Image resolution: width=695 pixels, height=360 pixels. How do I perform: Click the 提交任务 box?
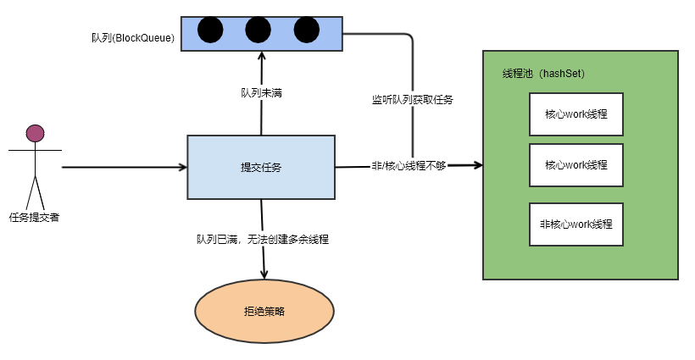tap(261, 167)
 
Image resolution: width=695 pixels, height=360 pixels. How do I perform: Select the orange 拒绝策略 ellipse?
tap(264, 312)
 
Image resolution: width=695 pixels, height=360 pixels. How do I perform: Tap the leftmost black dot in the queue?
tap(210, 30)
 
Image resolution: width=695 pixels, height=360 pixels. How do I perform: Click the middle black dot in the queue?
tap(258, 30)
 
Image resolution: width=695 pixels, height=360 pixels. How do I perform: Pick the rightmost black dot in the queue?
tap(306, 30)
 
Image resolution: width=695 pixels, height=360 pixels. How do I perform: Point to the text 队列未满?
tap(261, 92)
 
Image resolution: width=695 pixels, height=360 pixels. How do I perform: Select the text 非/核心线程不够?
tap(409, 166)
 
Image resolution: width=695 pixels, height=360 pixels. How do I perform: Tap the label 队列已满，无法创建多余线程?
tap(262, 240)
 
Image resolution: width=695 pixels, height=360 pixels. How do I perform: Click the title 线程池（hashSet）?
tap(543, 74)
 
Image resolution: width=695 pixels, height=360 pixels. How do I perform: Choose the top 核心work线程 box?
tap(576, 114)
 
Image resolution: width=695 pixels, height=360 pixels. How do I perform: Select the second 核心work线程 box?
tap(576, 165)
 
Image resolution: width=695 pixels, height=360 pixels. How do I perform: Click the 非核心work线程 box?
tap(576, 224)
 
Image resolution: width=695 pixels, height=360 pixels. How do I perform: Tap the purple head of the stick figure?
tap(35, 133)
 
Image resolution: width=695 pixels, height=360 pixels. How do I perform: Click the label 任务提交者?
tap(34, 218)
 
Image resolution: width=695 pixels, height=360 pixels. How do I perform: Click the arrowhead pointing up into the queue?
tap(261, 55)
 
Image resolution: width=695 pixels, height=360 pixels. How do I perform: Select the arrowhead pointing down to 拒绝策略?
tap(264, 274)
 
